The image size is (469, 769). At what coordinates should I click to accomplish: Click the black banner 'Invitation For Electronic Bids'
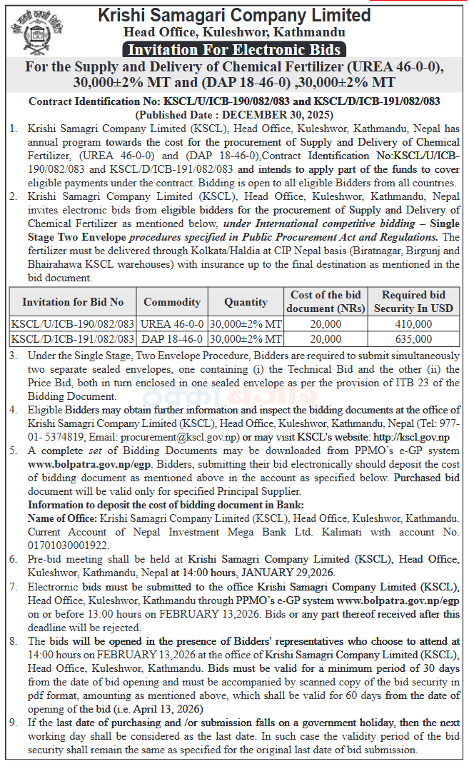coord(234,50)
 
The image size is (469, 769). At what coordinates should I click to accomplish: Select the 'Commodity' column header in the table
coord(172,302)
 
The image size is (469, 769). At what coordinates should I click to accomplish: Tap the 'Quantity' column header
coord(246,302)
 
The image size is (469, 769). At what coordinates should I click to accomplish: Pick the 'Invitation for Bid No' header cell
coord(73,302)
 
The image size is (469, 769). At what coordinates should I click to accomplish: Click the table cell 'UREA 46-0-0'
coord(172,323)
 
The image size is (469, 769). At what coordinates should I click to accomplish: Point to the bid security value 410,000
coord(413,323)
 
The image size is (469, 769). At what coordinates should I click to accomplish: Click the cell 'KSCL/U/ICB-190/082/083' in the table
coord(73,323)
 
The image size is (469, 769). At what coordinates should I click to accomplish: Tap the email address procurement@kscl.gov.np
coord(181,437)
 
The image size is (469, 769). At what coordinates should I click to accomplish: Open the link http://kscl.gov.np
coord(412,437)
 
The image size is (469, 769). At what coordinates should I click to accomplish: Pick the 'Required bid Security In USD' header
coord(413,302)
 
